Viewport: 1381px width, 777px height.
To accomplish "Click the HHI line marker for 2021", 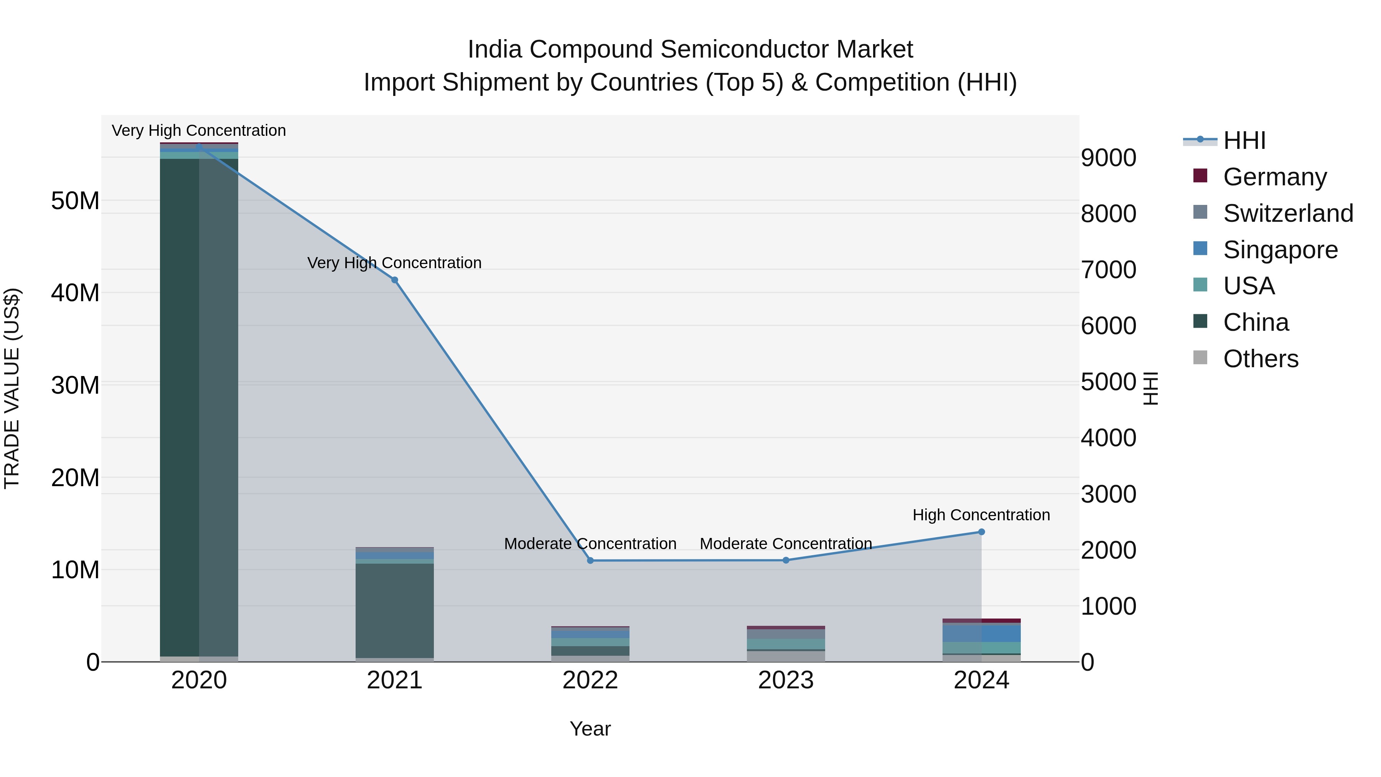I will point(395,280).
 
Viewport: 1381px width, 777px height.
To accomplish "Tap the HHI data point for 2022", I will point(590,560).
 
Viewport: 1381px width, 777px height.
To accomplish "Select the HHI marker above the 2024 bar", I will point(982,532).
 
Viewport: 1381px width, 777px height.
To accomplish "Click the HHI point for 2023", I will point(786,560).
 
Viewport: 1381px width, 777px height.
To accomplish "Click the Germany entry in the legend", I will point(1274,177).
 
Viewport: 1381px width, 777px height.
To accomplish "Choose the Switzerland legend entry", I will point(1288,213).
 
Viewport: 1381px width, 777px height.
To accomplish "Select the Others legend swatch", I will point(1200,358).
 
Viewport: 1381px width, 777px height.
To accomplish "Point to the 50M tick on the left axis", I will point(75,201).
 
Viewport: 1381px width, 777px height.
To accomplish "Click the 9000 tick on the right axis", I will point(1108,158).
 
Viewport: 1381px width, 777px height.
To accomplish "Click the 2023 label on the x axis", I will point(786,680).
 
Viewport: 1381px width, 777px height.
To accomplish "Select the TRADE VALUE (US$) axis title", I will point(12,388).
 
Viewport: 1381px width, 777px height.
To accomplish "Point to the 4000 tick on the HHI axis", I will point(1108,438).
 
